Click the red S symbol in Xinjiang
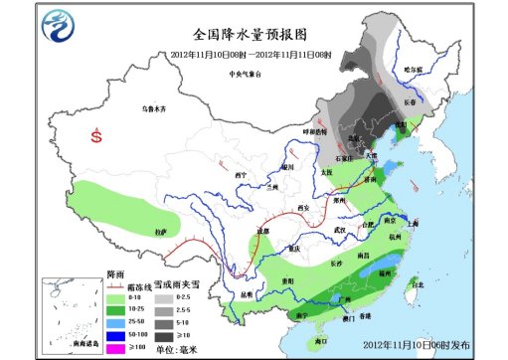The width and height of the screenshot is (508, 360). click(x=96, y=135)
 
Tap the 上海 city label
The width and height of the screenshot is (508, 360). click(x=414, y=224)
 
